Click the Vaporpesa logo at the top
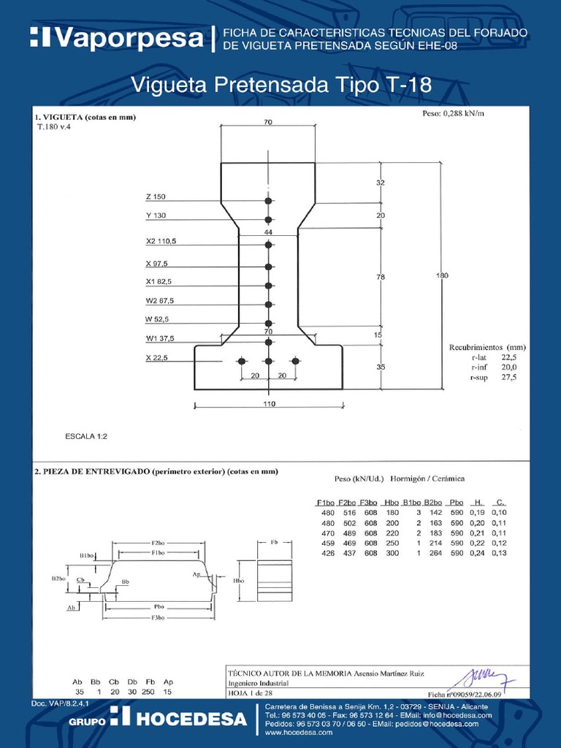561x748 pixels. [x=117, y=38]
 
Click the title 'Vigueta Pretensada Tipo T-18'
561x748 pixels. [x=280, y=85]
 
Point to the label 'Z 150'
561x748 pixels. [x=156, y=197]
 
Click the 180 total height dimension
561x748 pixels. [x=442, y=275]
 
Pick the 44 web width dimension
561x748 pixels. [x=268, y=232]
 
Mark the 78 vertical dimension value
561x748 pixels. [x=380, y=278]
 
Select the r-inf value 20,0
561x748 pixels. [x=508, y=367]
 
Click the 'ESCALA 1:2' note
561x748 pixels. [x=85, y=436]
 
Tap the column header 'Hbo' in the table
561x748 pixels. [x=391, y=503]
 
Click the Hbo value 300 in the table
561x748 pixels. [x=392, y=554]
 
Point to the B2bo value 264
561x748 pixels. [x=437, y=554]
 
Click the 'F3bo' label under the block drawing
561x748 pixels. [x=157, y=617]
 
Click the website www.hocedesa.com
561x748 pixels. [x=299, y=732]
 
